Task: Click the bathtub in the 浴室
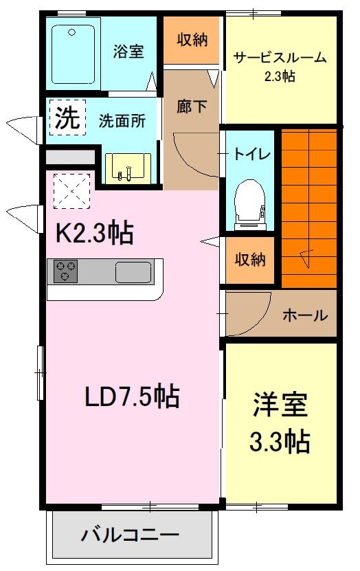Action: click(x=73, y=54)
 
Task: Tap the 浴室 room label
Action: click(x=128, y=51)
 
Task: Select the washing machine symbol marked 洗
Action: click(x=67, y=117)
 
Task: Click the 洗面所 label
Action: click(x=122, y=121)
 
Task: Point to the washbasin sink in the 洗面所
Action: click(x=128, y=168)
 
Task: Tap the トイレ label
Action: click(x=252, y=154)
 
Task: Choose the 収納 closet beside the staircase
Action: click(x=249, y=260)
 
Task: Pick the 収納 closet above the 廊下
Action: click(x=192, y=40)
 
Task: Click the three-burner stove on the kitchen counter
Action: click(x=65, y=271)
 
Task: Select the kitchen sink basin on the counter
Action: click(x=133, y=272)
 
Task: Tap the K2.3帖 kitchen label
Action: click(x=94, y=232)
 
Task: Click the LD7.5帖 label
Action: click(x=132, y=396)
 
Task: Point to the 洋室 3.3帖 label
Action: click(x=280, y=422)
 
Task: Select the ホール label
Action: click(x=305, y=315)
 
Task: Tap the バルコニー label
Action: click(x=130, y=535)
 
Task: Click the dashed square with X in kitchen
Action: click(x=71, y=191)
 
